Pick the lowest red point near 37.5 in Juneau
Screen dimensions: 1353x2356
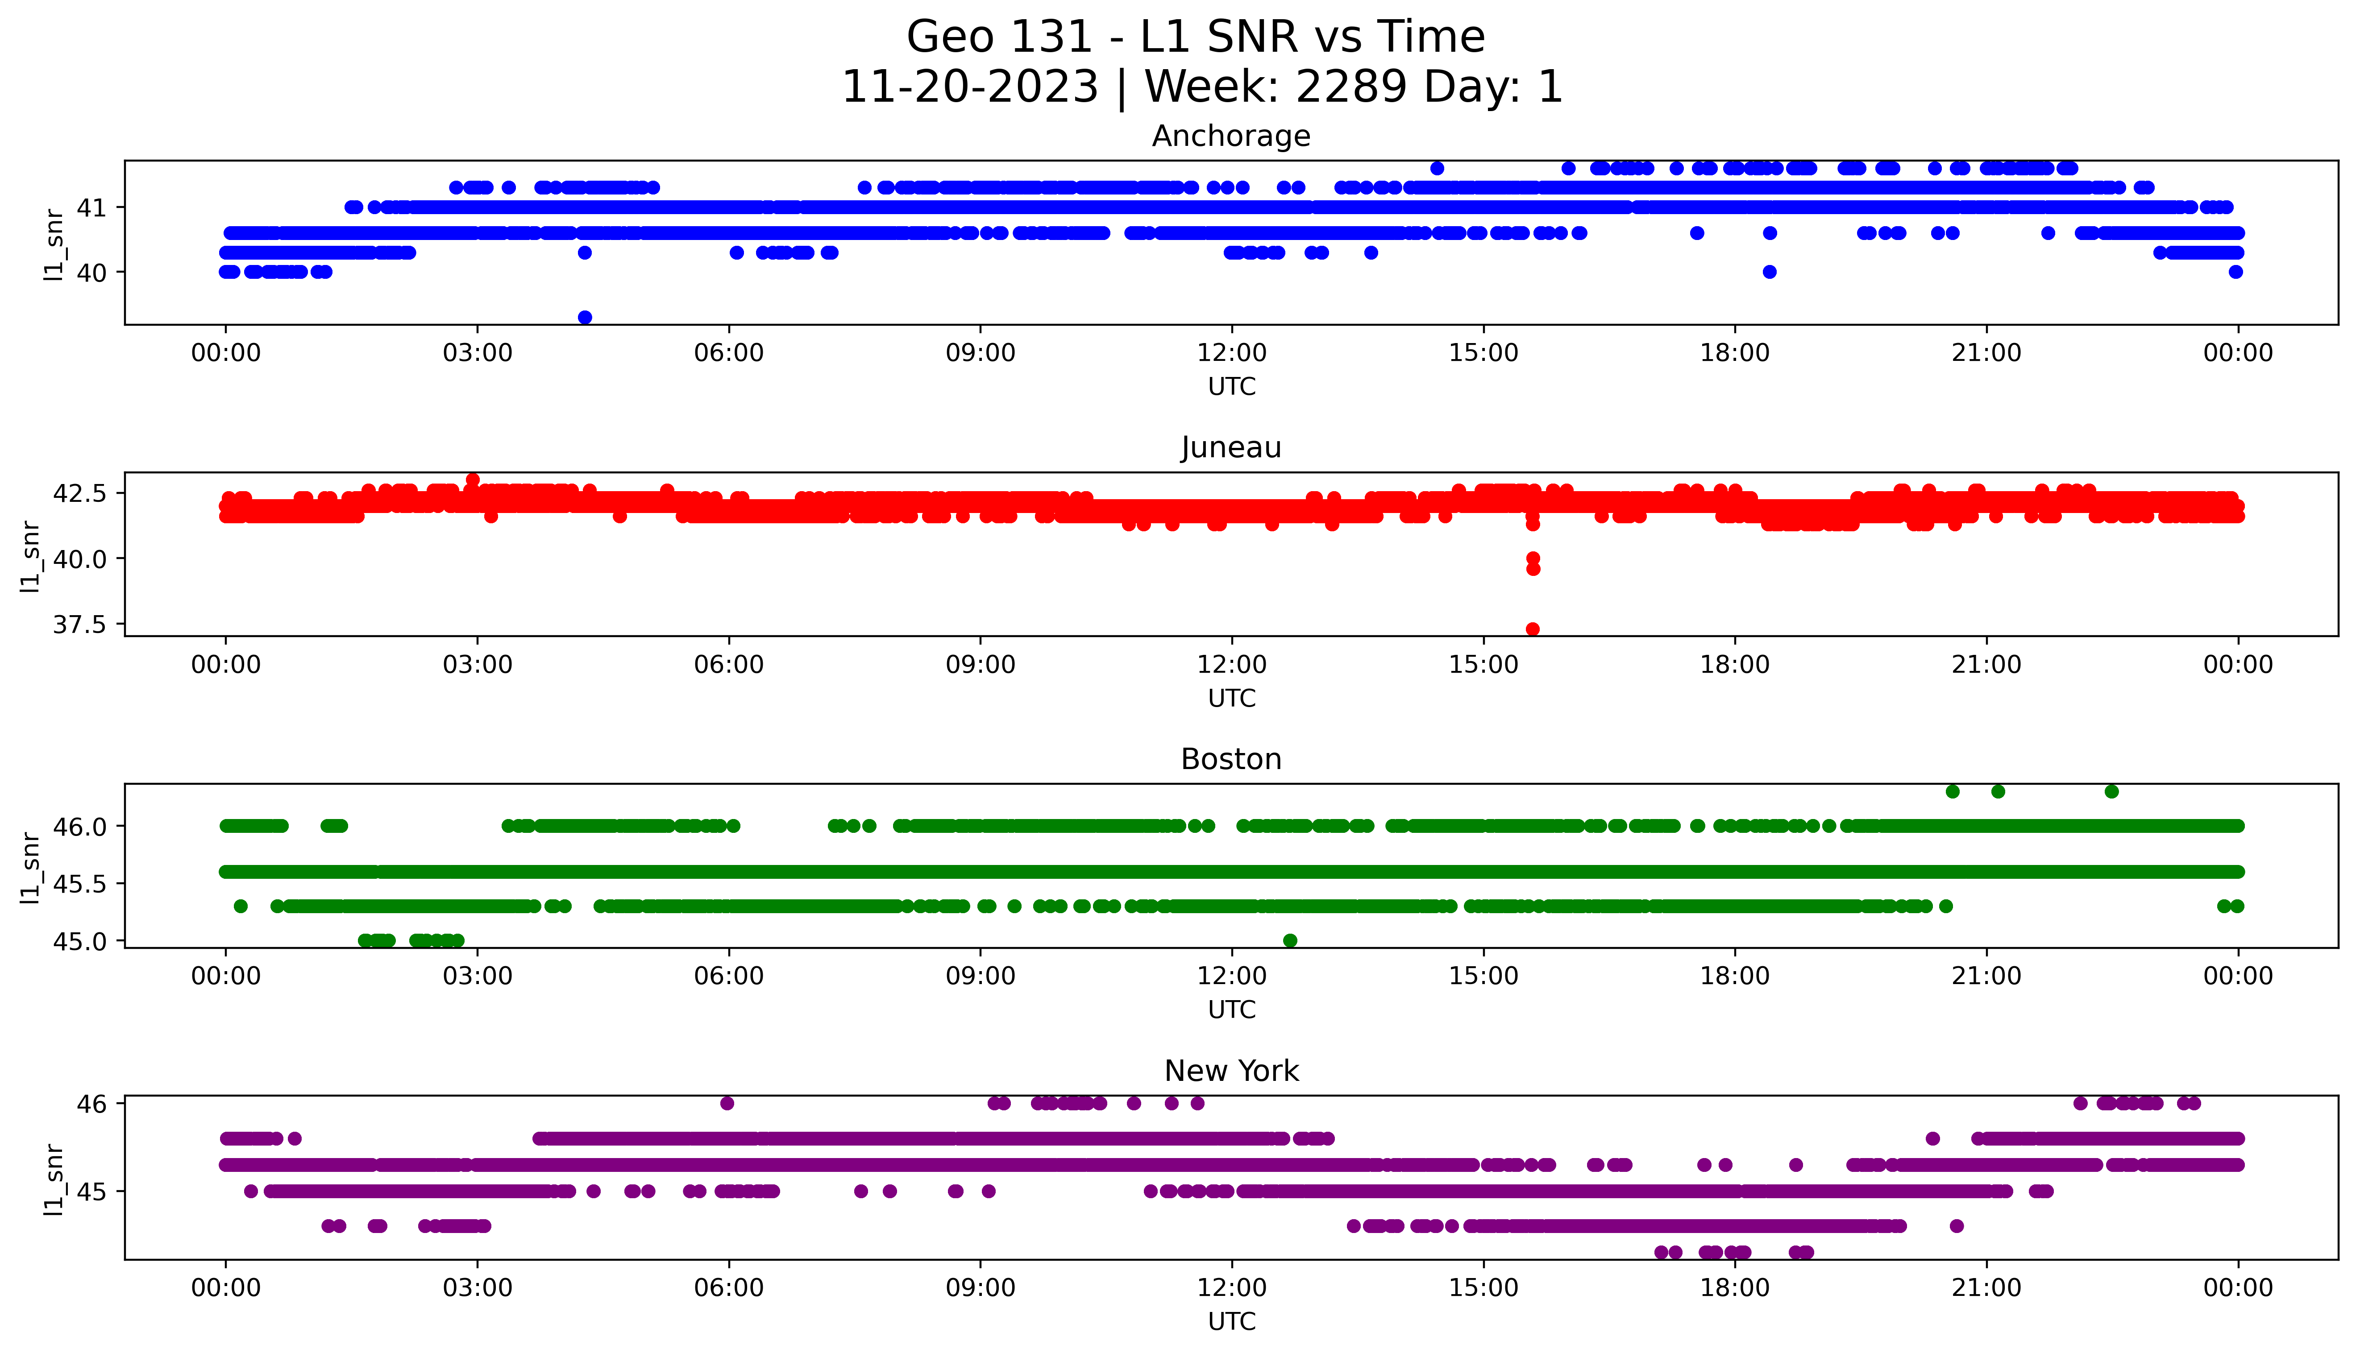coord(1533,629)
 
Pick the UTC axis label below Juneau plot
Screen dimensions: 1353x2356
coord(1231,698)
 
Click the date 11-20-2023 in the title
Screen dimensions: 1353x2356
coord(969,87)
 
